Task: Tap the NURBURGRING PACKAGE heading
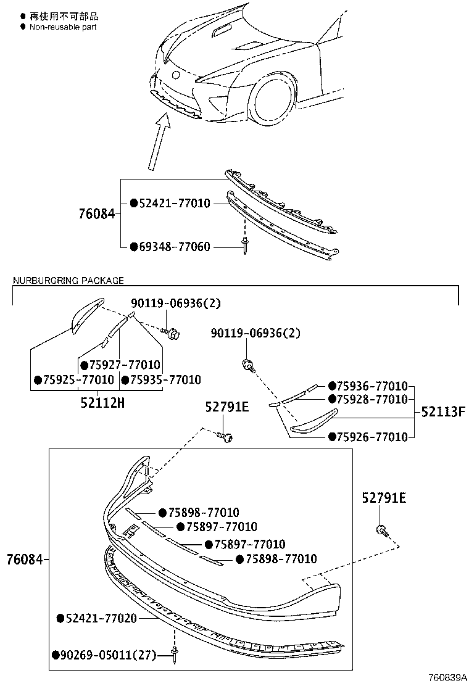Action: [x=68, y=280]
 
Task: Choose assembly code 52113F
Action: [x=442, y=411]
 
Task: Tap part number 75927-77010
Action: [x=125, y=365]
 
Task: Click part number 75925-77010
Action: [x=78, y=379]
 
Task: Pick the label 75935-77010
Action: [x=165, y=379]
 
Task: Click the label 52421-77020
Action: [x=101, y=618]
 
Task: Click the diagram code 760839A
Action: [x=447, y=677]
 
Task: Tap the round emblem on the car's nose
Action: [x=176, y=75]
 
